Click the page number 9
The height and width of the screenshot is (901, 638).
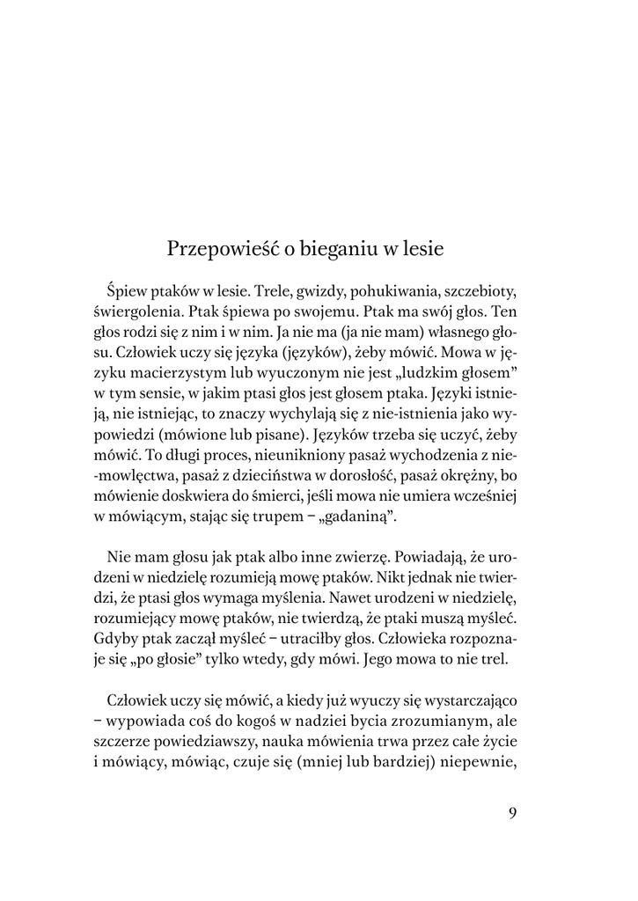click(x=512, y=812)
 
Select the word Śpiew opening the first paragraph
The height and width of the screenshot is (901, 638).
click(x=126, y=291)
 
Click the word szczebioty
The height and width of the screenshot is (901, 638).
click(x=476, y=291)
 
